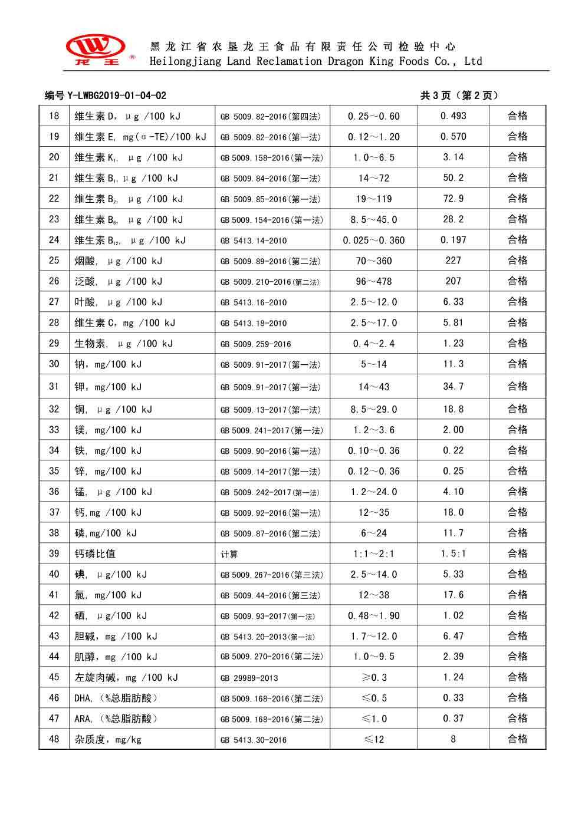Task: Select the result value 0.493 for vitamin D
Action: tap(453, 116)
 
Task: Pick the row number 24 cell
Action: tap(54, 240)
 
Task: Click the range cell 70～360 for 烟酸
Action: tap(374, 261)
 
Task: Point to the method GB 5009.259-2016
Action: tap(256, 344)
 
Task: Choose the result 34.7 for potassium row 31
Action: tap(453, 387)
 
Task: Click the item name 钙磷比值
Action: tap(95, 553)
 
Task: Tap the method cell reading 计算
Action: tap(229, 554)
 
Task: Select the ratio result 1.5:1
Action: tap(453, 553)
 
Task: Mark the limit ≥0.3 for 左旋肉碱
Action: tap(374, 677)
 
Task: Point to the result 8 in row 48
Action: tap(453, 739)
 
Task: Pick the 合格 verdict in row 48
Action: tap(517, 739)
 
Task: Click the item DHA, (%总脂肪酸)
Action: tap(116, 698)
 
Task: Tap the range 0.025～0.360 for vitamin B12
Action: tap(374, 240)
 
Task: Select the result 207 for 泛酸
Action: tap(453, 281)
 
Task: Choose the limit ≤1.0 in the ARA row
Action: tap(374, 719)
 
